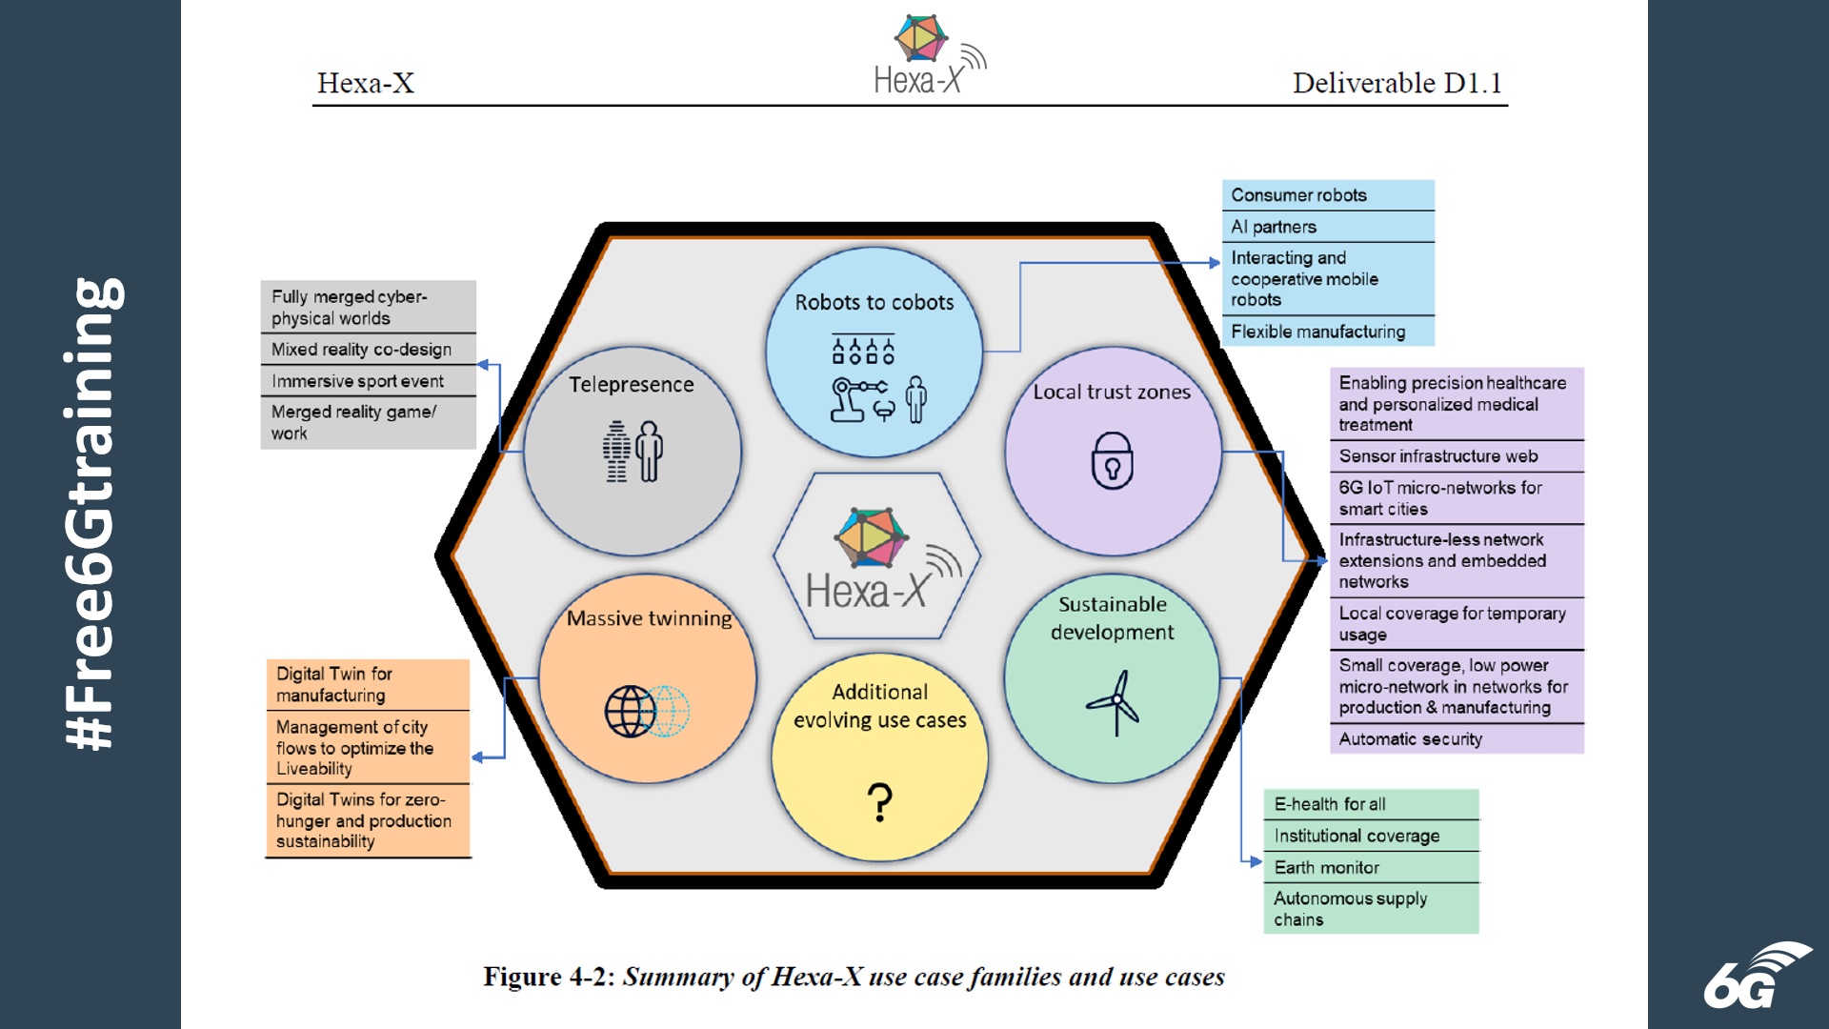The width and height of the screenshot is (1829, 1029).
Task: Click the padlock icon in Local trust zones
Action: [1112, 460]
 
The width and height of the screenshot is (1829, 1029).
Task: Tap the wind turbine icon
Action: [1115, 703]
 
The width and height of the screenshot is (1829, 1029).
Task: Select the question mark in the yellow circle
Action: [880, 802]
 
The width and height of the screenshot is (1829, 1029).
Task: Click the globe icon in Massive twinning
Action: [632, 711]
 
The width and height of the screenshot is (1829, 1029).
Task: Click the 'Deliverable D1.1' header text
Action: [1397, 83]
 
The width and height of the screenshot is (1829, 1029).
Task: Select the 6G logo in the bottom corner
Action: [1756, 976]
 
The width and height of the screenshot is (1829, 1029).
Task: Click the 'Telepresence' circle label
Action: [632, 385]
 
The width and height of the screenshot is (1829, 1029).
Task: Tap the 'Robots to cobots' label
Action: [874, 303]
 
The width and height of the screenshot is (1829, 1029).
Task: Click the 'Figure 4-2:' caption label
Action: [550, 978]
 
